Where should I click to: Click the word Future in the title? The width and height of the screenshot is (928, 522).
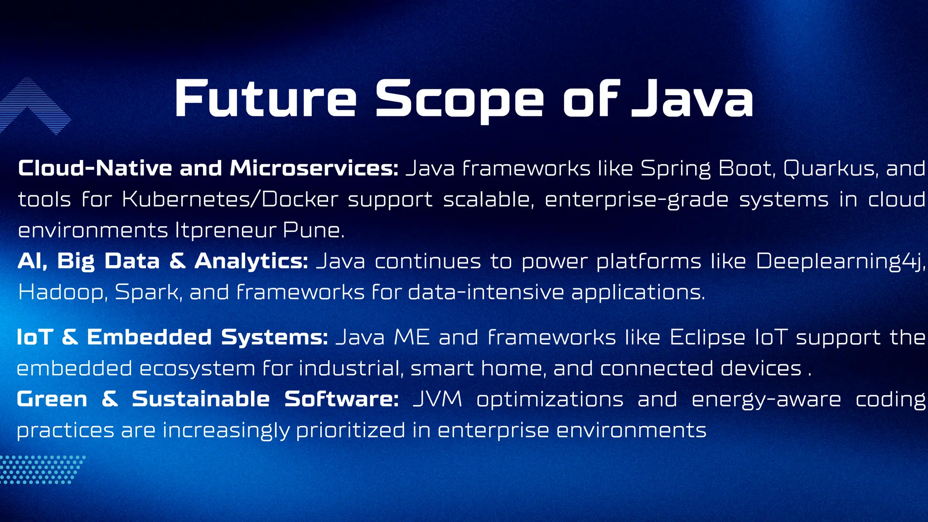266,99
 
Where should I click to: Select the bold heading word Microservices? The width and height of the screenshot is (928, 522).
314,168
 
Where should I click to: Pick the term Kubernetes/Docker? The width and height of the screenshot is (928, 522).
230,199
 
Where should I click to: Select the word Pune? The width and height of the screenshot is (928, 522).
313,230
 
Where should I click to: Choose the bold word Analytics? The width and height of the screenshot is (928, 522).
251,261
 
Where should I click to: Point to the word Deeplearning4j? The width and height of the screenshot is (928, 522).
840,261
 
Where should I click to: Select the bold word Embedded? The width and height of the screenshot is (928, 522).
149,337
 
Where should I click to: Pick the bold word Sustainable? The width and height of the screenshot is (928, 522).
201,399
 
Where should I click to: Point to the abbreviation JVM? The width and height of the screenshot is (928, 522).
437,399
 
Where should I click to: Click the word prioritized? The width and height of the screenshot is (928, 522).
351,430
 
